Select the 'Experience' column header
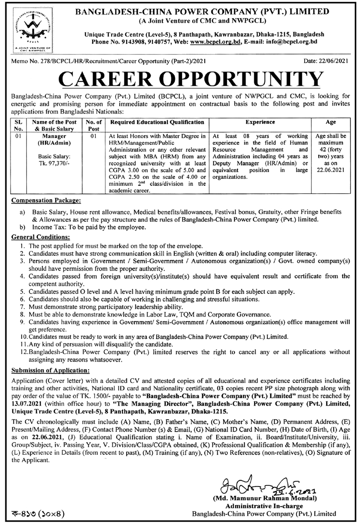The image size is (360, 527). click(260, 122)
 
